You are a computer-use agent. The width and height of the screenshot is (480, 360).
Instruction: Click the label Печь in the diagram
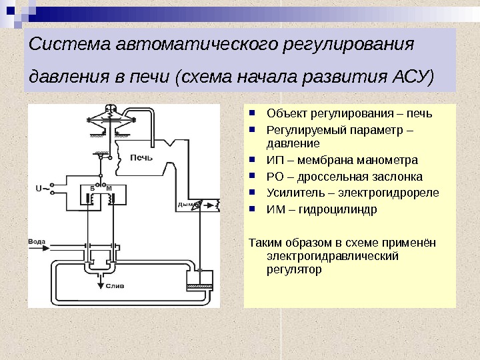[x=141, y=158]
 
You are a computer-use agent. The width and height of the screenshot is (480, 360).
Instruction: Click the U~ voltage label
[x=39, y=188]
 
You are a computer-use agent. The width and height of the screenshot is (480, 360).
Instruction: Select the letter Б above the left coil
[x=92, y=189]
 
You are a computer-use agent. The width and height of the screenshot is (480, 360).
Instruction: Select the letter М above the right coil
[x=109, y=189]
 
